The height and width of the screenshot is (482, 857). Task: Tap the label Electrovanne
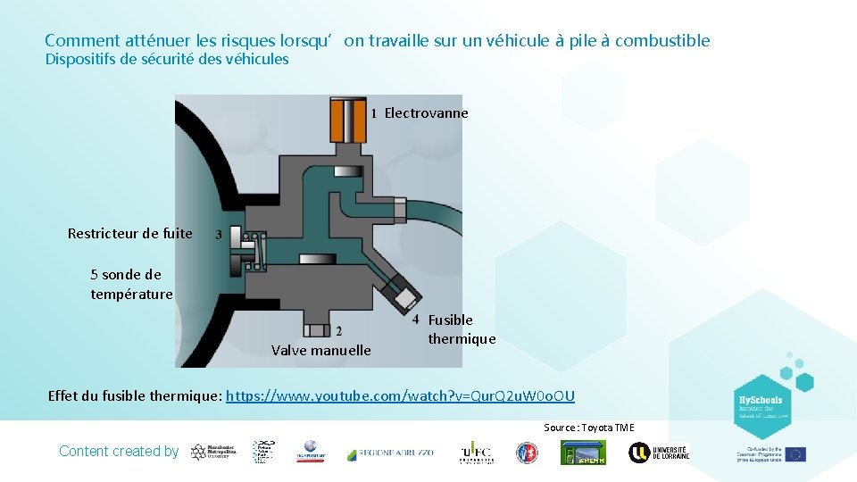point(426,113)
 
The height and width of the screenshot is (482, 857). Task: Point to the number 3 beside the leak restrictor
point(220,234)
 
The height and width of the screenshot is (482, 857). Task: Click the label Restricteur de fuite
point(130,234)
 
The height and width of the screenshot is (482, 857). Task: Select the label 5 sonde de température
point(131,284)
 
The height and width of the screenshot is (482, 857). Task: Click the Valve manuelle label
point(320,351)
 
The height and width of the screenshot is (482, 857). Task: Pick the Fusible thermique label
point(461,329)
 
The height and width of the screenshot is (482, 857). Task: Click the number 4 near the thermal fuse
point(416,319)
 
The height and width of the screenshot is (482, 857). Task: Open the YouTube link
point(401,395)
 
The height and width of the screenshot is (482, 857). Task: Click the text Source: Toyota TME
point(589,428)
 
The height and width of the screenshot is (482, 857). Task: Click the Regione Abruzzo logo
point(390,453)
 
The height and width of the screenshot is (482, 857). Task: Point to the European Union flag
point(795,453)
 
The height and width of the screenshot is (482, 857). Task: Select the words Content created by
point(119,452)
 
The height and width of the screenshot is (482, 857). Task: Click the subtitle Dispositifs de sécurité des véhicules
point(167,60)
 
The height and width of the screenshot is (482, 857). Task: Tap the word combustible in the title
point(662,41)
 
